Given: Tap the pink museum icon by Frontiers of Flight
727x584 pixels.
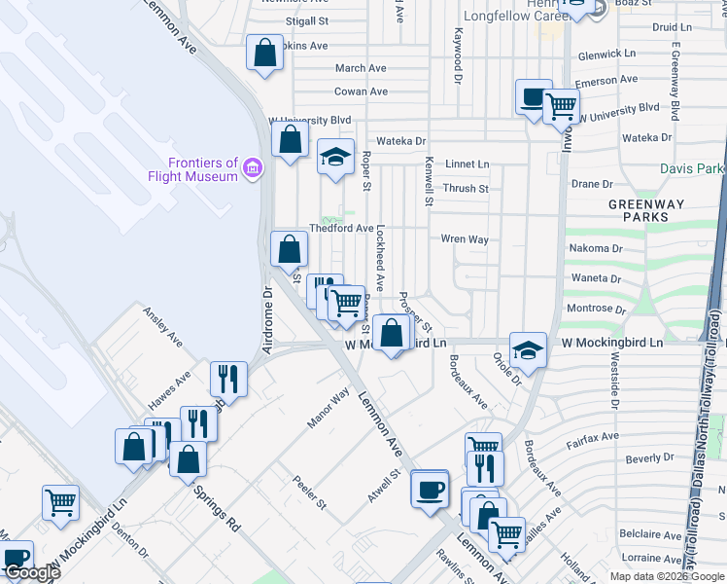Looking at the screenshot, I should coord(253,169).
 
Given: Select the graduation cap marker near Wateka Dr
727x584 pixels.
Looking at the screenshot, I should coord(335,156).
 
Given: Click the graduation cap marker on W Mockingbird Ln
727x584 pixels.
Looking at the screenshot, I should coord(527,350).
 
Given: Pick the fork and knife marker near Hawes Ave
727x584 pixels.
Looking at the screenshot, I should coord(227,379).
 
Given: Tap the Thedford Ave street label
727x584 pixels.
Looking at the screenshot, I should coord(341,229).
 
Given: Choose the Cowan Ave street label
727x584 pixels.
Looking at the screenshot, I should coord(361,91).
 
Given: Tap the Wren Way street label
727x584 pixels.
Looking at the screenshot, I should coord(464,238).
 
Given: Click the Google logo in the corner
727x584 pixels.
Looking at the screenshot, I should coord(32,572).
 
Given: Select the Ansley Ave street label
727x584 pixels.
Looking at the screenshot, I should coord(162,328).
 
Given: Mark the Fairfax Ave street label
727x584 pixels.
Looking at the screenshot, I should coord(594,437).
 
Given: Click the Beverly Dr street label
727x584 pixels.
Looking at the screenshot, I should coord(649,457).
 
